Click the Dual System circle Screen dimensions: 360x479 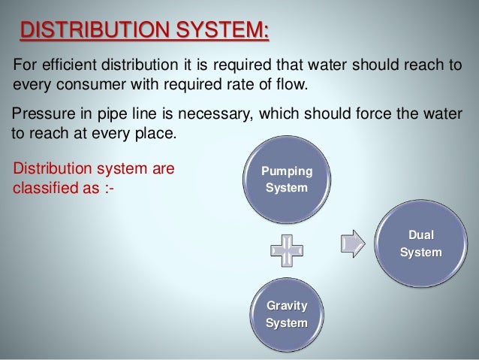420,244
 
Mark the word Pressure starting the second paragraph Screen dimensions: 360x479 42,112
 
